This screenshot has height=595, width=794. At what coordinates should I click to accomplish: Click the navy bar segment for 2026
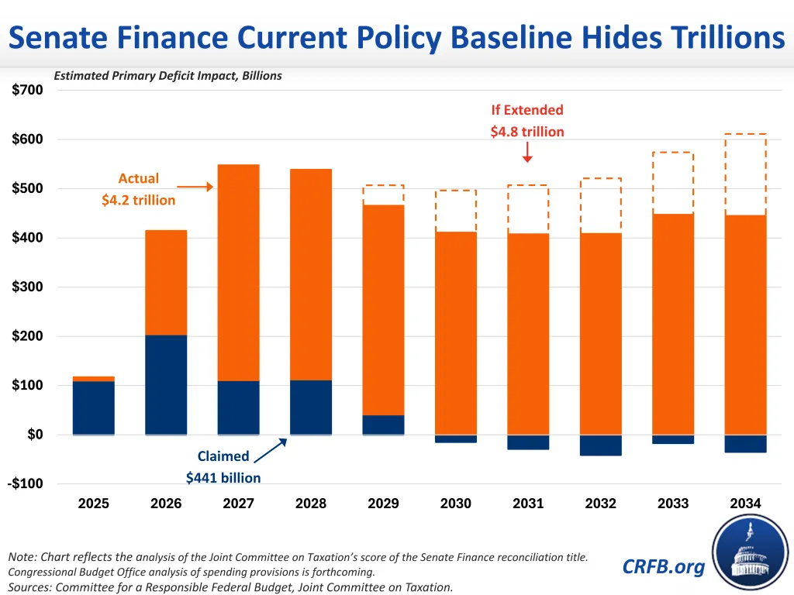click(x=166, y=384)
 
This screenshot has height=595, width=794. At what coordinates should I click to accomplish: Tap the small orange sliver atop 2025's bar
click(x=94, y=379)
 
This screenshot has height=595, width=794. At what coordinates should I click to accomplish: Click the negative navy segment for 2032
click(x=600, y=445)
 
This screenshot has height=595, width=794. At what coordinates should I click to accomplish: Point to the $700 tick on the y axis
click(x=28, y=90)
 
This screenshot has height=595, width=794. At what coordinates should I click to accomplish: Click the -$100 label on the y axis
click(x=27, y=483)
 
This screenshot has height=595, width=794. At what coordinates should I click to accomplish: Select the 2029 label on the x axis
click(x=383, y=504)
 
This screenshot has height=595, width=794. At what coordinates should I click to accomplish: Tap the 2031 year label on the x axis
click(x=528, y=504)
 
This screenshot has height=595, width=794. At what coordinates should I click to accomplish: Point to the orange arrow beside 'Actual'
click(x=195, y=187)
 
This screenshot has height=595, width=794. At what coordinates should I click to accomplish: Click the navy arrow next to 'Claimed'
click(x=271, y=451)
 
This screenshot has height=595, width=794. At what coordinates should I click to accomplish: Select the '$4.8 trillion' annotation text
click(x=527, y=132)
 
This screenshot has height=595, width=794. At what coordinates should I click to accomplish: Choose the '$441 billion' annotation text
click(x=223, y=478)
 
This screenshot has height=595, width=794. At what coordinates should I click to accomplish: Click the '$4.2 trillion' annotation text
click(x=139, y=200)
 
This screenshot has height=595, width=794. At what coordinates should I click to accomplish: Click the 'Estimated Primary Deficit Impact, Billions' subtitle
click(x=167, y=76)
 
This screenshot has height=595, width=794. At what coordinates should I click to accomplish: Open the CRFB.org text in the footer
click(x=664, y=566)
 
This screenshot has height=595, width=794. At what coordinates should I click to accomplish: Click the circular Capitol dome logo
click(x=751, y=551)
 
